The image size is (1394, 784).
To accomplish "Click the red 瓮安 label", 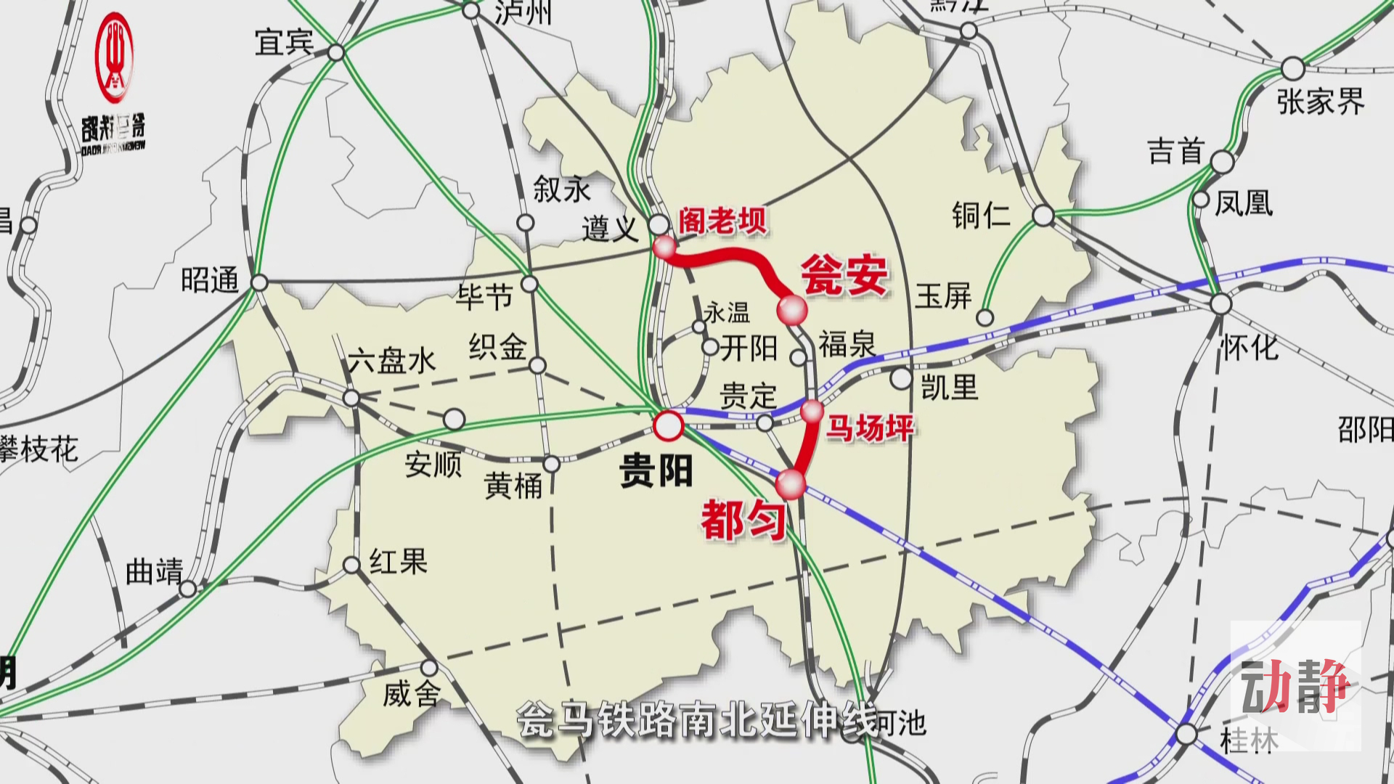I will tap(844, 275).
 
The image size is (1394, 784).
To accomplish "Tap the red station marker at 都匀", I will tap(791, 483).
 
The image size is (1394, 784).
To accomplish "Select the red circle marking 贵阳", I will tap(668, 426).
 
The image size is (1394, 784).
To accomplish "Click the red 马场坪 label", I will tap(870, 428).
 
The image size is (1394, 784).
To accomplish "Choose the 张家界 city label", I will tap(1321, 102).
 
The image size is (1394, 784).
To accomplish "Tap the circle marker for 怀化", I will tap(1221, 303).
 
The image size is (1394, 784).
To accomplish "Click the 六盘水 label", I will tap(391, 361).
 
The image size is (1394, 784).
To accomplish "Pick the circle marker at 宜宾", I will tap(336, 52).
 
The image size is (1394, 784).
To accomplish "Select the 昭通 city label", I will tap(210, 280).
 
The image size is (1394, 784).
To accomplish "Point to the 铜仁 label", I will tap(981, 216).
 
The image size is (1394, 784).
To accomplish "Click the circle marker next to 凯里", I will tap(901, 378).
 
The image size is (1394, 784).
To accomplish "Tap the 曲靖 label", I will tap(154, 571).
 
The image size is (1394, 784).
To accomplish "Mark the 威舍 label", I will tap(411, 695).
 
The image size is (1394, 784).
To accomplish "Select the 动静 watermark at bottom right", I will tap(1295, 685).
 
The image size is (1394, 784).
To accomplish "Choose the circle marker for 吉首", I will tap(1222, 161).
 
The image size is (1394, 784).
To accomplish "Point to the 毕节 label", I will tap(484, 296).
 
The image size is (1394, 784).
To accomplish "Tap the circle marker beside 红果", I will tap(351, 565).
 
